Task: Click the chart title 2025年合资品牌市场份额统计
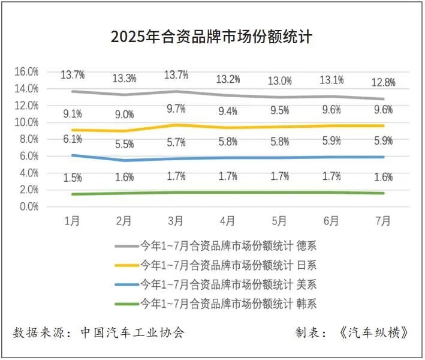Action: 212,37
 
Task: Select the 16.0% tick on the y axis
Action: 26,71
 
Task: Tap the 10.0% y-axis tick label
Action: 26,122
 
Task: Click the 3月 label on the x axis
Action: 176,221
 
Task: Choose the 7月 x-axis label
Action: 382,221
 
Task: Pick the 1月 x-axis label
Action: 73,221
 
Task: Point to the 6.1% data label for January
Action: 73,139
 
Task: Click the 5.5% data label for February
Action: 124,145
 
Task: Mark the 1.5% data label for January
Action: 73,178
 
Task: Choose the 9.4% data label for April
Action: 227,111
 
